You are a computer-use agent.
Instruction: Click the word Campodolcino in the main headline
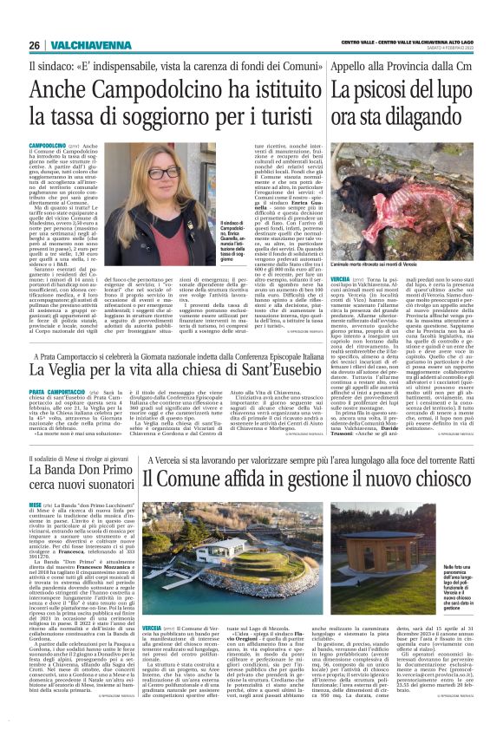click(134, 91)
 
